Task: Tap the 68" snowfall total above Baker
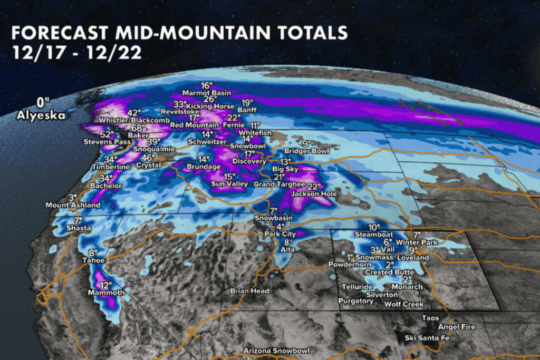click(138, 128)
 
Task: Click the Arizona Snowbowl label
click(276, 351)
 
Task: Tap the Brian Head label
click(249, 291)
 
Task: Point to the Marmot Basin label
click(207, 93)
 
